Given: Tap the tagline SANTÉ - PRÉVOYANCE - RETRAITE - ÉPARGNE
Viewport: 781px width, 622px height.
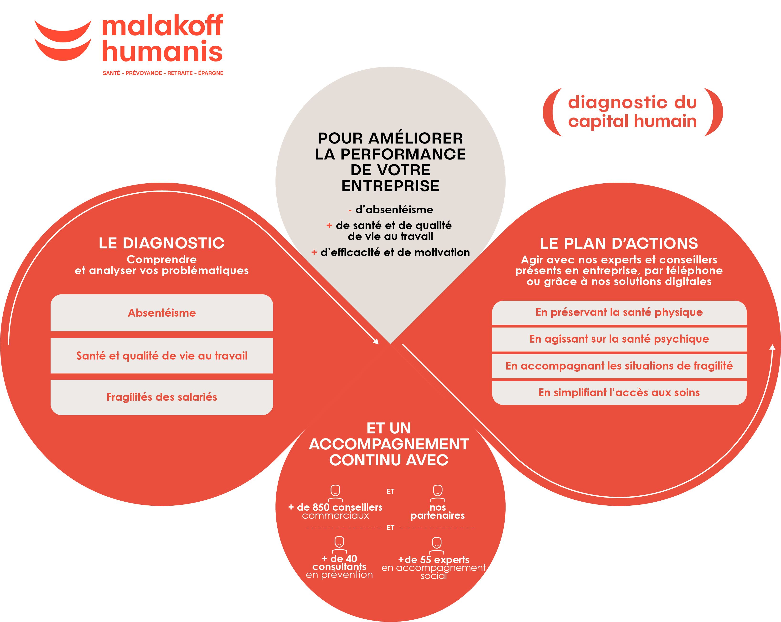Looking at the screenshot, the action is [x=163, y=73].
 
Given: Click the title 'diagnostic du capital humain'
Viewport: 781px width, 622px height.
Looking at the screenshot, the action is [x=632, y=112].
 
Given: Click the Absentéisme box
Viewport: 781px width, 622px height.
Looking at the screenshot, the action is [x=161, y=313].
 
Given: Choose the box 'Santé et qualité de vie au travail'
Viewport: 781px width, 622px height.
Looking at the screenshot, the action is [x=161, y=355].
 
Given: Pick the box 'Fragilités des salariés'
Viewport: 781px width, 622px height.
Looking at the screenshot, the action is [x=161, y=397].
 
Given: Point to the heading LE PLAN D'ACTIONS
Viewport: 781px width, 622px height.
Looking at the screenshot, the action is [x=619, y=243].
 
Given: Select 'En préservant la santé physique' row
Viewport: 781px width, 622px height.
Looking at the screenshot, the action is [x=619, y=313].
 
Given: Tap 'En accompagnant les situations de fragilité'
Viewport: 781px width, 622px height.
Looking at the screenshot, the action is [x=619, y=366].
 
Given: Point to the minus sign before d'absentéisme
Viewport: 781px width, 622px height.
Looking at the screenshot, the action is [x=350, y=210].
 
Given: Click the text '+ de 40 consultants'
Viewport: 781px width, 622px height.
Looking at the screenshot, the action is [x=339, y=563].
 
